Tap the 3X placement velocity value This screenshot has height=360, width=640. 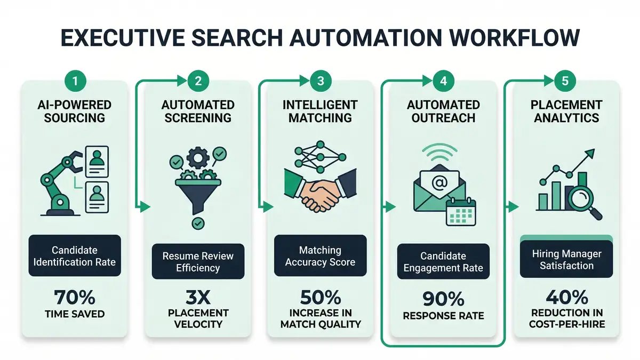(197, 295)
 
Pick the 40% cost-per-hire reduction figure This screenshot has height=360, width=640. (566, 297)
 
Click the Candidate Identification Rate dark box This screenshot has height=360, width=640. (75, 256)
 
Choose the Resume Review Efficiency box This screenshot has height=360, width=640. (198, 261)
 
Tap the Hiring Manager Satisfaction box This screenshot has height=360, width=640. (566, 259)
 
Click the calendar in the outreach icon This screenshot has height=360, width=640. (460, 212)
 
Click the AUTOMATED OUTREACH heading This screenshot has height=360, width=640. (443, 111)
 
